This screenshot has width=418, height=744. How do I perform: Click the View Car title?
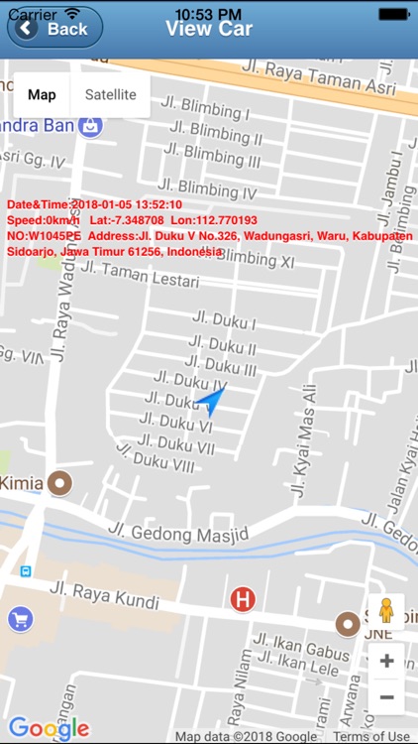tap(208, 28)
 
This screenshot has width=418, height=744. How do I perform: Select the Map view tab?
tap(42, 95)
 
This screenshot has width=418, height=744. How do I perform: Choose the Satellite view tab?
tap(110, 95)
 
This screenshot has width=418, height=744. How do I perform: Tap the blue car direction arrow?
tap(210, 400)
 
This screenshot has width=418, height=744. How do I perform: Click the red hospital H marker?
tap(242, 599)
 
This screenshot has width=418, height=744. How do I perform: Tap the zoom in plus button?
tap(386, 661)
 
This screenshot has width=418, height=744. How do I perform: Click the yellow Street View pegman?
tap(386, 611)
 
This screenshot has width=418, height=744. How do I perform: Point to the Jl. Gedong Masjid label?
tap(178, 533)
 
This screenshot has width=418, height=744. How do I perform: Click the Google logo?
tap(49, 729)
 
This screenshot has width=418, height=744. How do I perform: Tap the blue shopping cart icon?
tap(20, 620)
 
